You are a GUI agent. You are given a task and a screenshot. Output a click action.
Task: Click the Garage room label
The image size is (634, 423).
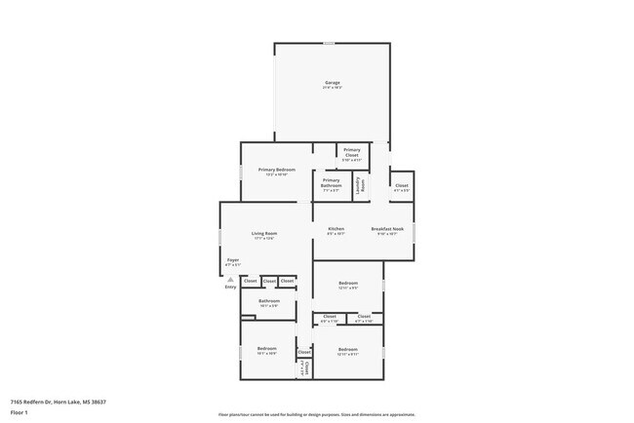coord(333,83)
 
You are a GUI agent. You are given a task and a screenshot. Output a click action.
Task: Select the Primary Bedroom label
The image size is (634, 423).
coord(277,170)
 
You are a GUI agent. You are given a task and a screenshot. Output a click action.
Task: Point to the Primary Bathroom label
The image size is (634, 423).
coord(332,182)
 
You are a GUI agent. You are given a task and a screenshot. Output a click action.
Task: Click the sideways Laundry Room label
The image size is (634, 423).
coord(360,185)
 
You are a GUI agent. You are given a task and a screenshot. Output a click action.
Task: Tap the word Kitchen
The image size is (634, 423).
coord(336,229)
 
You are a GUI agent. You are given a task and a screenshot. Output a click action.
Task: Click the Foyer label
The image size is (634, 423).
coord(233,260)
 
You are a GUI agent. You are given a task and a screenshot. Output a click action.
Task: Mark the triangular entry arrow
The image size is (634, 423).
coord(230,279)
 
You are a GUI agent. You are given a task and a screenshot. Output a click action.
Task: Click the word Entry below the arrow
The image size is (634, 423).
coord(230,287)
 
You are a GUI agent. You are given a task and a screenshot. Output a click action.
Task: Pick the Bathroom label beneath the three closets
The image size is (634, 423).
coord(269,301)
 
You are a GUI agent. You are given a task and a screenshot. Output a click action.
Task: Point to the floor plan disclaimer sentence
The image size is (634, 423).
coord(317,414)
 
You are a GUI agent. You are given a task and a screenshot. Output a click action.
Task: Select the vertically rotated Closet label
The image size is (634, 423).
coord(304,367)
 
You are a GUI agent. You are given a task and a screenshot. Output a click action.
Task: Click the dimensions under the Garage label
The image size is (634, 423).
coord(333,89)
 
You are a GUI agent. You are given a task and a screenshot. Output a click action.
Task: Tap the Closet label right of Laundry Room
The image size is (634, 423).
coord(401,185)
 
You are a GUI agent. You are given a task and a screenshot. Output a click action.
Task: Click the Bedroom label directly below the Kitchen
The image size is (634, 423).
coord(348,285)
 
